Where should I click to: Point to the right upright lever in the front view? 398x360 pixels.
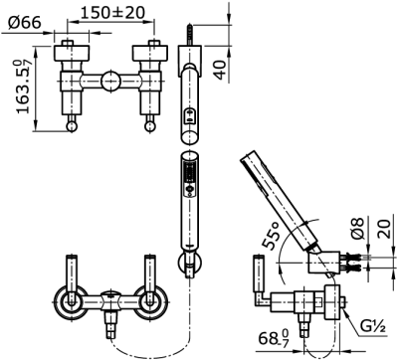click(150, 273)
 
